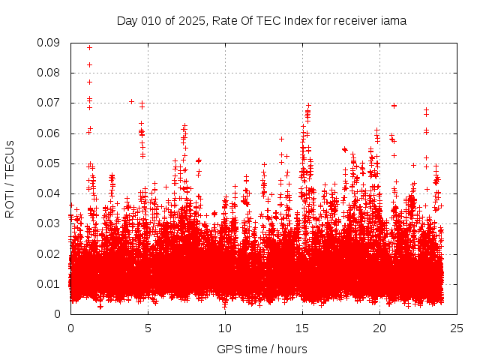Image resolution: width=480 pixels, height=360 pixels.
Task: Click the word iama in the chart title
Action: tap(393, 21)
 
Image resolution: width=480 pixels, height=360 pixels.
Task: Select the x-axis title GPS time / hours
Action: tap(262, 349)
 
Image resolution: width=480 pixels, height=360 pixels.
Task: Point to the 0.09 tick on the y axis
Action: tap(49, 43)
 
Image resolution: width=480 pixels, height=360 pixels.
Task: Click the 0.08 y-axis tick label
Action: tap(49, 73)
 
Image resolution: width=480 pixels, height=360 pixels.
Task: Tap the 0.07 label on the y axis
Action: tap(49, 103)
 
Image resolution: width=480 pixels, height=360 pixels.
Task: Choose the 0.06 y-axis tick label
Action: tap(49, 133)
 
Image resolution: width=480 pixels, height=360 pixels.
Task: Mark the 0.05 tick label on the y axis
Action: tap(49, 163)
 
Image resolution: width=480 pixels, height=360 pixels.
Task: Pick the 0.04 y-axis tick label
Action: tap(49, 193)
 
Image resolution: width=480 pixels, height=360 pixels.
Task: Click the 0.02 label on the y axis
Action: tap(49, 253)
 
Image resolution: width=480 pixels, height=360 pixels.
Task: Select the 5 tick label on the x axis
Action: tap(148, 328)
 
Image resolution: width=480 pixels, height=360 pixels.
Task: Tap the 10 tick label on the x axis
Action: tap(225, 328)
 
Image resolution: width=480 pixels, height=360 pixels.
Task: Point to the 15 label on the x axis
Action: tap(302, 328)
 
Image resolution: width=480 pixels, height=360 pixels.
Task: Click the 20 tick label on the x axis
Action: tap(379, 328)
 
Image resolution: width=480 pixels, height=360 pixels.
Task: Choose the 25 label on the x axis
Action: tap(457, 328)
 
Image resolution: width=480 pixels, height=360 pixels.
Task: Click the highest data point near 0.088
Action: tap(89, 48)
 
